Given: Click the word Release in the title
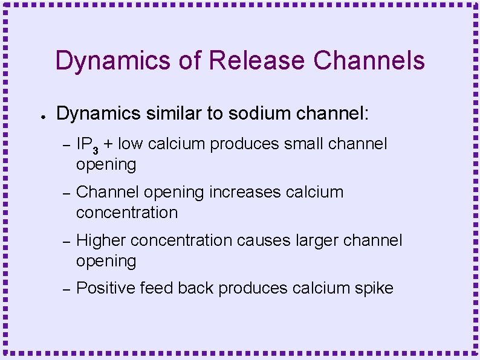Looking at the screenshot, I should coord(256,60).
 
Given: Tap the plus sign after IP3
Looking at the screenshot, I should coord(108,144).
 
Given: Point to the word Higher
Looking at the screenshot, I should coord(101,240).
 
